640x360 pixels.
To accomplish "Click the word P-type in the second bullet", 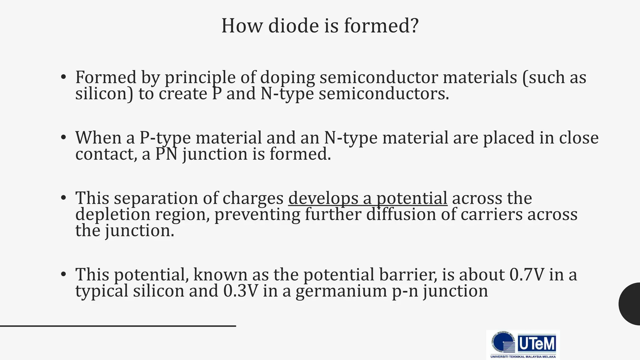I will [x=165, y=138].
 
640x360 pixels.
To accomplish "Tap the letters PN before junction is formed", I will [x=166, y=154].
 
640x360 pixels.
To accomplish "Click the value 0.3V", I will [x=241, y=291].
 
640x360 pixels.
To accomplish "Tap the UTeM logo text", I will [x=537, y=344].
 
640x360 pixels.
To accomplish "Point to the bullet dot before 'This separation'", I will [x=63, y=197].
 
